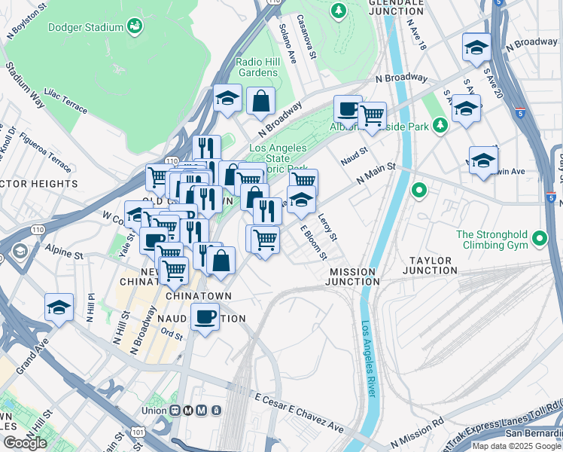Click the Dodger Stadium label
click(85, 28)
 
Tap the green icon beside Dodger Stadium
click(135, 27)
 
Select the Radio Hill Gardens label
click(257, 67)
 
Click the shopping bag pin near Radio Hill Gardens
click(260, 102)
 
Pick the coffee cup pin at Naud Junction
click(205, 316)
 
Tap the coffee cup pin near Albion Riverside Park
click(348, 109)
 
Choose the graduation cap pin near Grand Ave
click(59, 307)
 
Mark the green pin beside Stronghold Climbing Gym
click(539, 240)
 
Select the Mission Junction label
click(352, 276)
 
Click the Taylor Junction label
click(430, 264)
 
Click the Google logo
click(25, 442)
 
